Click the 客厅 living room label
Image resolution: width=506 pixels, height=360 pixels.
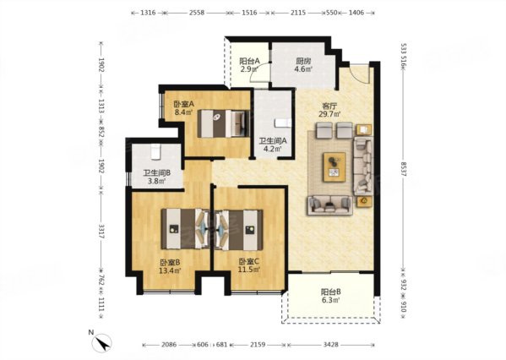click(x=329, y=106)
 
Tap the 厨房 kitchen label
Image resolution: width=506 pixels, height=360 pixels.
click(x=303, y=61)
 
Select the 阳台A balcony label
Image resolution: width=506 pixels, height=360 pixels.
click(x=249, y=61)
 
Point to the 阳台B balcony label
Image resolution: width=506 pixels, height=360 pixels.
click(x=331, y=292)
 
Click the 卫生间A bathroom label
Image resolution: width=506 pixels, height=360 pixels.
click(x=273, y=141)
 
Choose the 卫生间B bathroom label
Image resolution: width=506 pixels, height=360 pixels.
click(x=157, y=173)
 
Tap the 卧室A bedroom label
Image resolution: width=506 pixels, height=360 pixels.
click(x=183, y=104)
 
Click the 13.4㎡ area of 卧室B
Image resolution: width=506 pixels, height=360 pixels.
click(x=170, y=270)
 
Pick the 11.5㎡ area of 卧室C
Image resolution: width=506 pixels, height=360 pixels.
click(x=249, y=270)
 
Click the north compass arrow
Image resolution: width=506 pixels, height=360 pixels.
click(x=102, y=344)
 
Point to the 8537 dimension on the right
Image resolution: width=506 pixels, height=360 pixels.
click(x=404, y=169)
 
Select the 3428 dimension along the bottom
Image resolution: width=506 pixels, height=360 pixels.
click(x=331, y=345)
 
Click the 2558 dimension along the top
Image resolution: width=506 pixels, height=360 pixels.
click(x=197, y=13)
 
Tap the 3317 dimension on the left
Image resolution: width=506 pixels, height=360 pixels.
click(x=101, y=232)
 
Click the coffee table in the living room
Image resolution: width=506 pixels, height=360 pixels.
click(x=335, y=166)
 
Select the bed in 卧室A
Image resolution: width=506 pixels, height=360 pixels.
click(x=224, y=123)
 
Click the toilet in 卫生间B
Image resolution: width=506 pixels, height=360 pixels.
click(x=156, y=151)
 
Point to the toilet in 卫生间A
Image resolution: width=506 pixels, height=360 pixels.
click(x=283, y=123)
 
